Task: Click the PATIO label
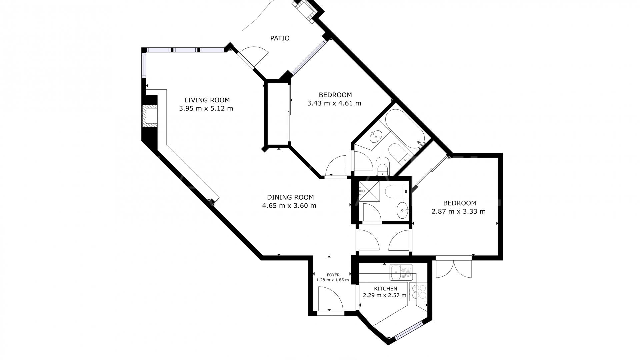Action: [x=280, y=38]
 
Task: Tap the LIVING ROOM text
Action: [x=207, y=100]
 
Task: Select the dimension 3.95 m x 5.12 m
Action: [x=206, y=109]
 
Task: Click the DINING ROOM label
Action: [x=290, y=197]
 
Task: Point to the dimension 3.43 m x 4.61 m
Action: [x=334, y=103]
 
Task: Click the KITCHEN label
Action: [x=385, y=289]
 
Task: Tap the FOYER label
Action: [x=333, y=275]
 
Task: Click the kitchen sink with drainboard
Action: [x=401, y=272]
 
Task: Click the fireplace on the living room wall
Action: [x=150, y=116]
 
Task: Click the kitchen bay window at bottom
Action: [x=408, y=331]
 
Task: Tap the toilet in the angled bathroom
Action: [x=382, y=166]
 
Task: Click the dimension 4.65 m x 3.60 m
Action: [x=289, y=206]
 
